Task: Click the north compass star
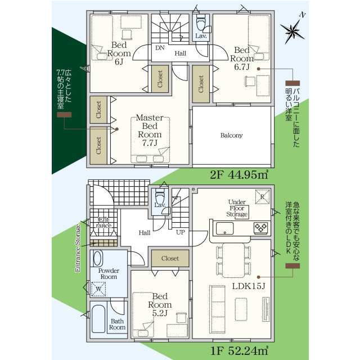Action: point(292,30)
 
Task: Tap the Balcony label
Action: point(231,135)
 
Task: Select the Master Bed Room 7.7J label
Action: point(150,130)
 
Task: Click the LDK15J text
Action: point(249,286)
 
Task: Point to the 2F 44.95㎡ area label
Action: point(239,175)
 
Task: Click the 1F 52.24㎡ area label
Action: point(239,350)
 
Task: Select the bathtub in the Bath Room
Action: point(98,319)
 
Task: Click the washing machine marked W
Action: point(98,289)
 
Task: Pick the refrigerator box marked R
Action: point(263,197)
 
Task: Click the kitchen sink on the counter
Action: point(225,228)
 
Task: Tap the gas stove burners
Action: point(260,228)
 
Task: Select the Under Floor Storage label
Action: point(237,208)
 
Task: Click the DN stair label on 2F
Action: point(160,48)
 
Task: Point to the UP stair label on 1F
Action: point(181,232)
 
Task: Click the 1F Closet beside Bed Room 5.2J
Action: point(170,258)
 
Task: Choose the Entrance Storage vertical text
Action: point(78,249)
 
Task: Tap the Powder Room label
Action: point(109,274)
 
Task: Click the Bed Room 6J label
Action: point(119,53)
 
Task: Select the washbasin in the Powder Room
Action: point(97,258)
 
